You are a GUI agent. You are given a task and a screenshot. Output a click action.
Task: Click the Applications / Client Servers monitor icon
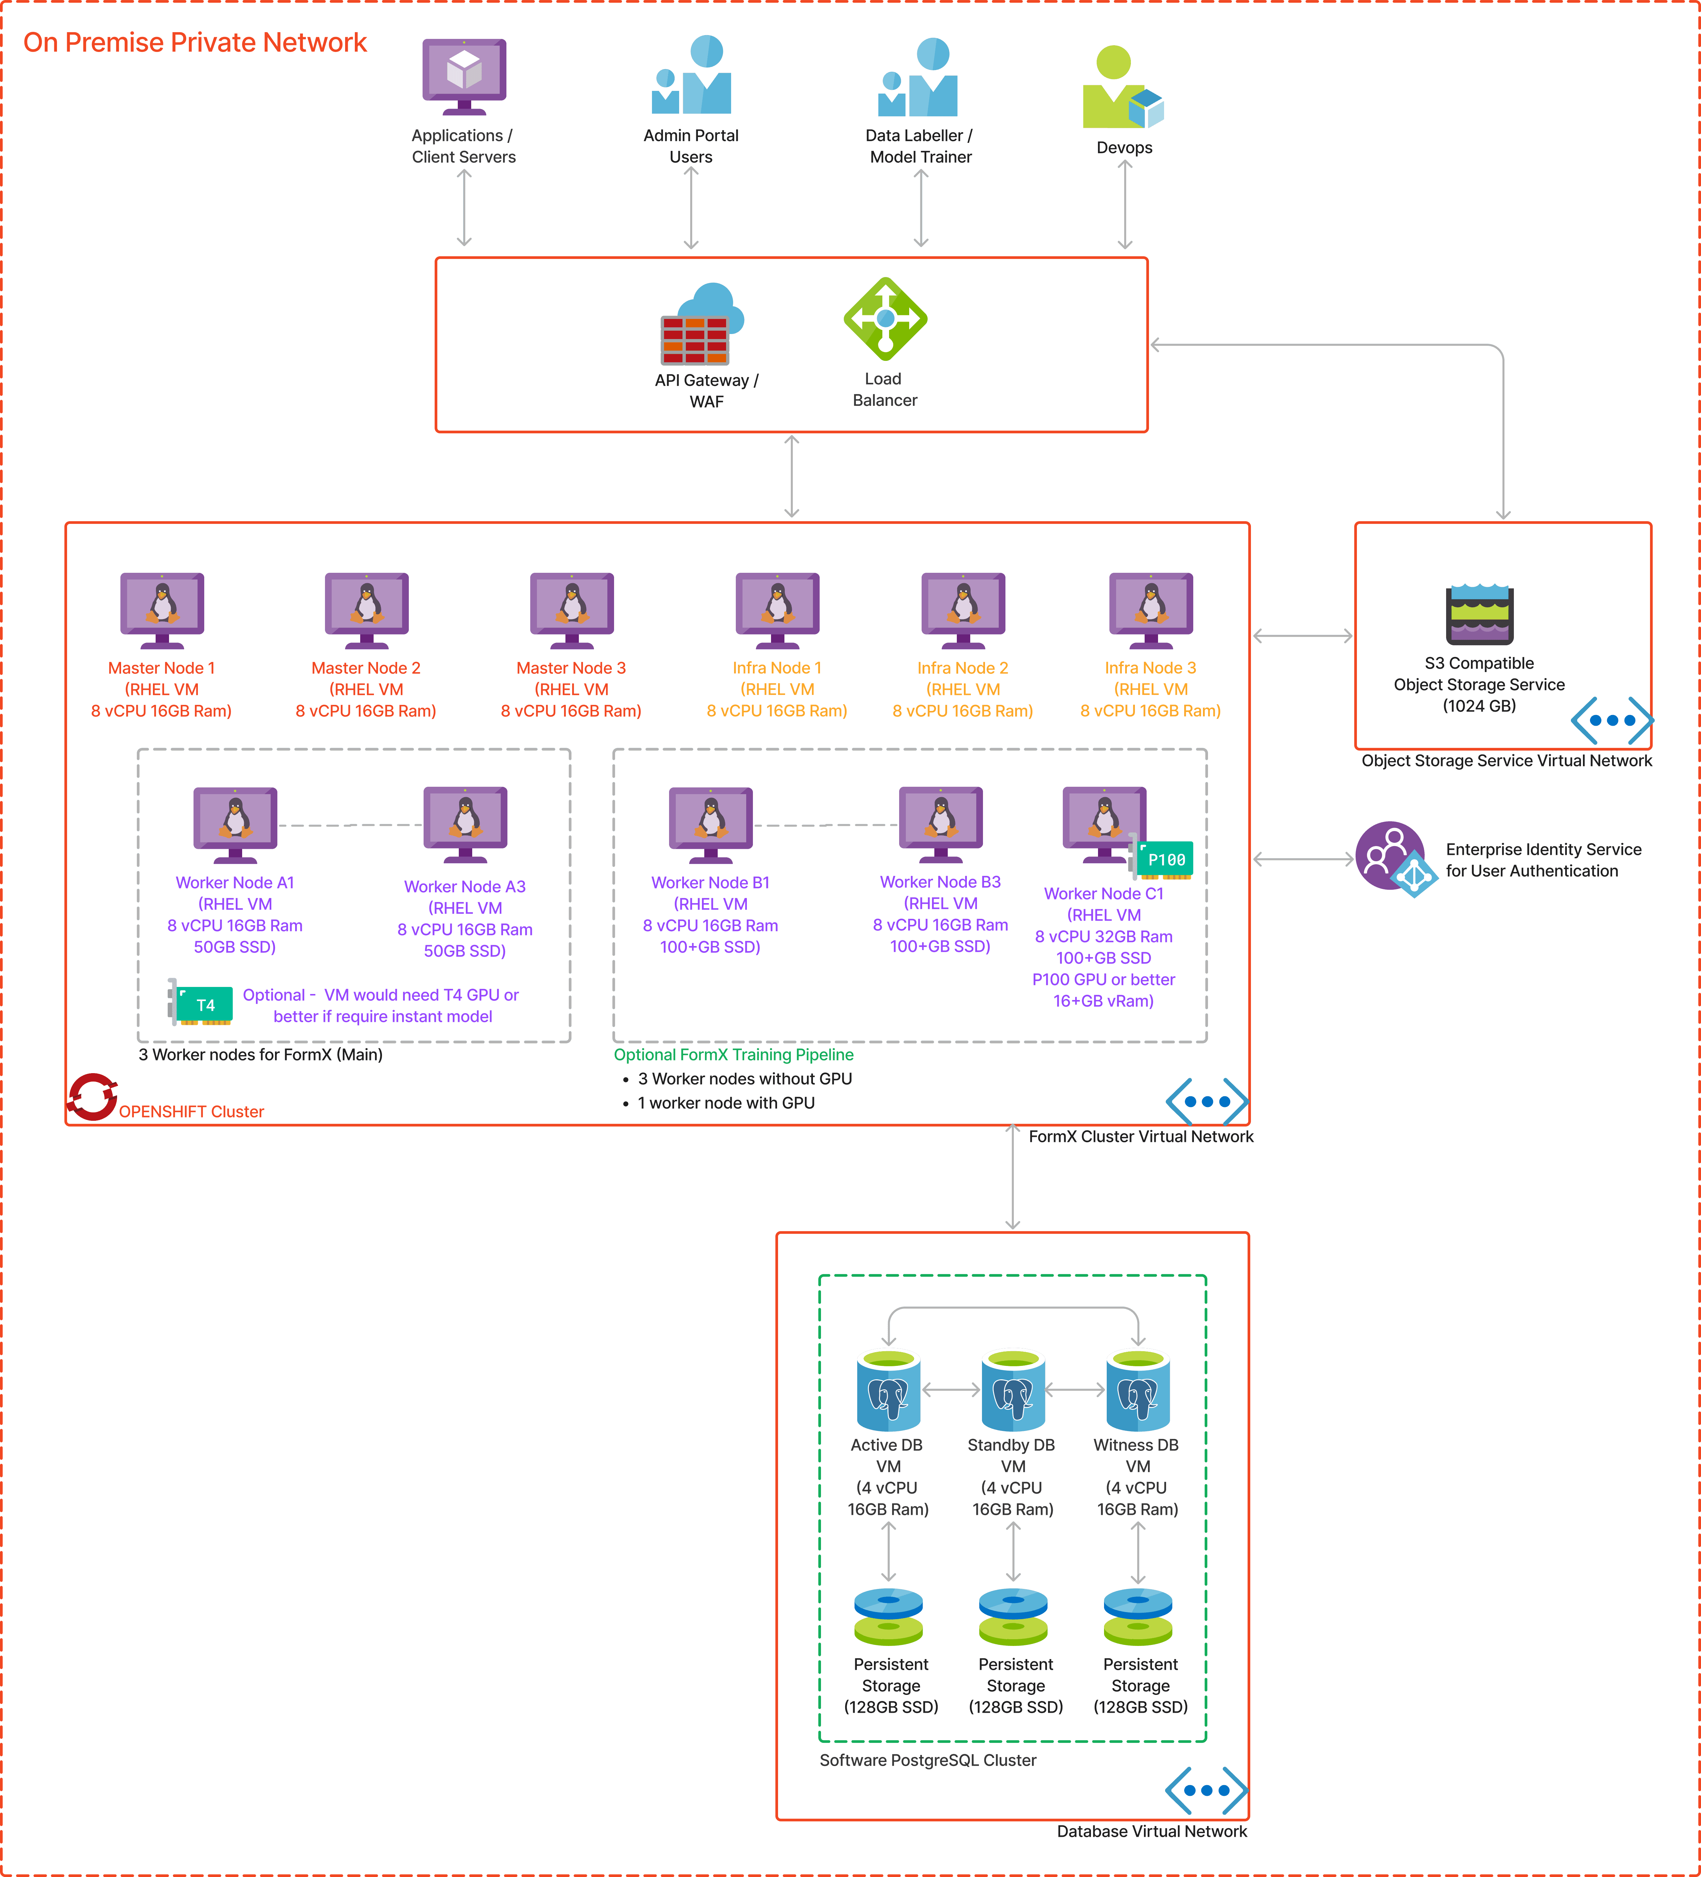point(464,74)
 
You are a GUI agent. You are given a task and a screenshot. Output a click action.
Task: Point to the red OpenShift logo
point(92,1097)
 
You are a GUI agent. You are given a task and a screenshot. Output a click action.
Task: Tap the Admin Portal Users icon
point(692,76)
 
